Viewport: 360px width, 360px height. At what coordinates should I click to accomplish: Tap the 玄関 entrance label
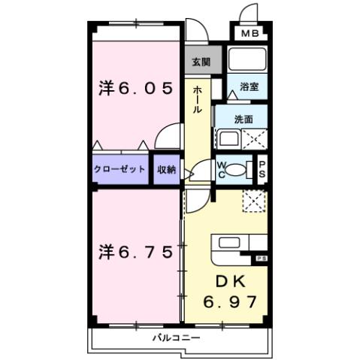200,62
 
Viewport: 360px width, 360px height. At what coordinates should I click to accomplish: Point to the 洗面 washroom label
242,119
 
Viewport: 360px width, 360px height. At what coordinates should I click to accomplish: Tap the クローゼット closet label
120,170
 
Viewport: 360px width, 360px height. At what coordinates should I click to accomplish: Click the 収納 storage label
166,170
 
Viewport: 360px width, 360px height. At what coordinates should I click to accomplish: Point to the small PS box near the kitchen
262,259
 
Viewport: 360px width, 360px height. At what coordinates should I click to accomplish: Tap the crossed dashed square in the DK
254,200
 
